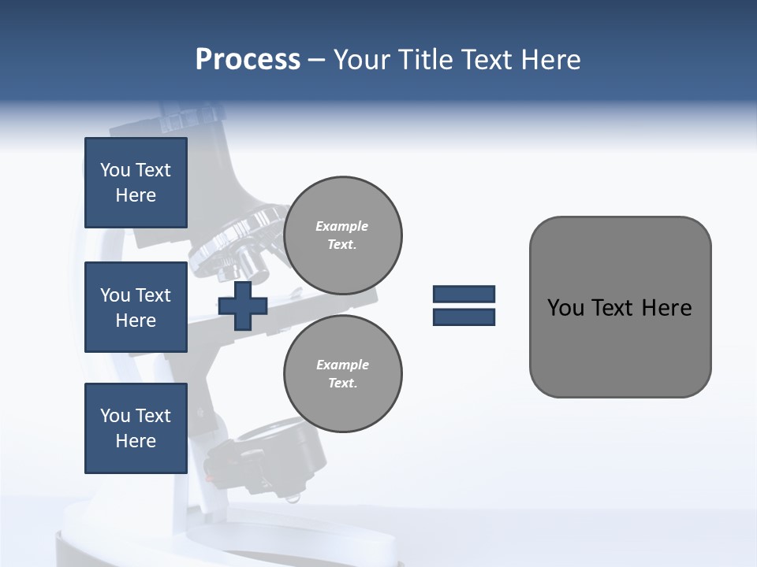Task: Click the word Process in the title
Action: coord(248,60)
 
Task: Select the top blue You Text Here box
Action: coord(136,183)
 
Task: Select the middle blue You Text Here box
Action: coord(136,307)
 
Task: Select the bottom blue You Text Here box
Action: coord(136,428)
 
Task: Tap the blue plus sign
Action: coord(243,306)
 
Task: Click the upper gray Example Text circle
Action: coord(343,235)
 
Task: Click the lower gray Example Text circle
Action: coord(343,374)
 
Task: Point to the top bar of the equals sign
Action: coord(464,294)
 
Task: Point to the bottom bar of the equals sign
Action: coord(464,317)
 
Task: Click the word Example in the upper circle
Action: coord(341,227)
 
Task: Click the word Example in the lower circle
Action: coord(342,365)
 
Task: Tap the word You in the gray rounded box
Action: coord(565,308)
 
